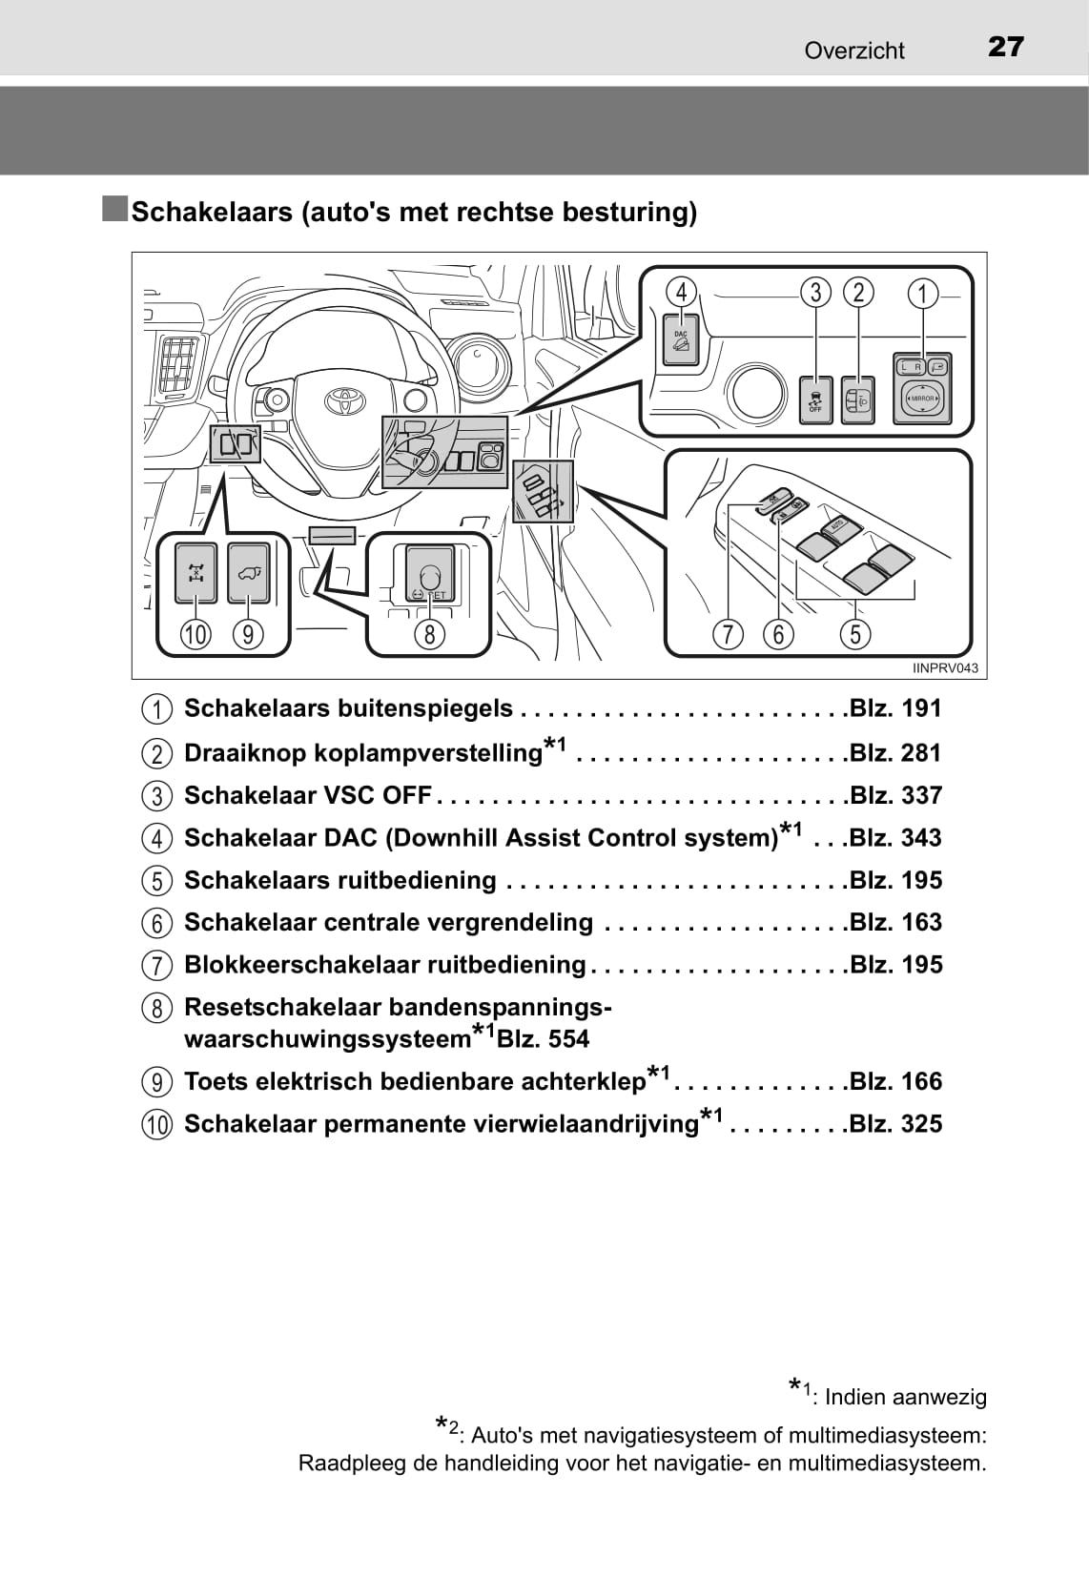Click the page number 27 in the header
1005,47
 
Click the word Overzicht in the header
853,51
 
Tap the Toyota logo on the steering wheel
340,400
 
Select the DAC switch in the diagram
681,340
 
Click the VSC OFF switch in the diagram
815,399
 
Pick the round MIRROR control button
922,398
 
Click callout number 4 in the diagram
681,292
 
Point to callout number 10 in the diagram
195,634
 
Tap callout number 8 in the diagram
430,634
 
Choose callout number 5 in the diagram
855,634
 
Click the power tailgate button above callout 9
248,573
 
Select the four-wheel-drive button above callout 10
196,573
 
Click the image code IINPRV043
945,668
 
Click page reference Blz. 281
894,753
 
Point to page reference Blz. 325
894,1124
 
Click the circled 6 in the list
157,923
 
